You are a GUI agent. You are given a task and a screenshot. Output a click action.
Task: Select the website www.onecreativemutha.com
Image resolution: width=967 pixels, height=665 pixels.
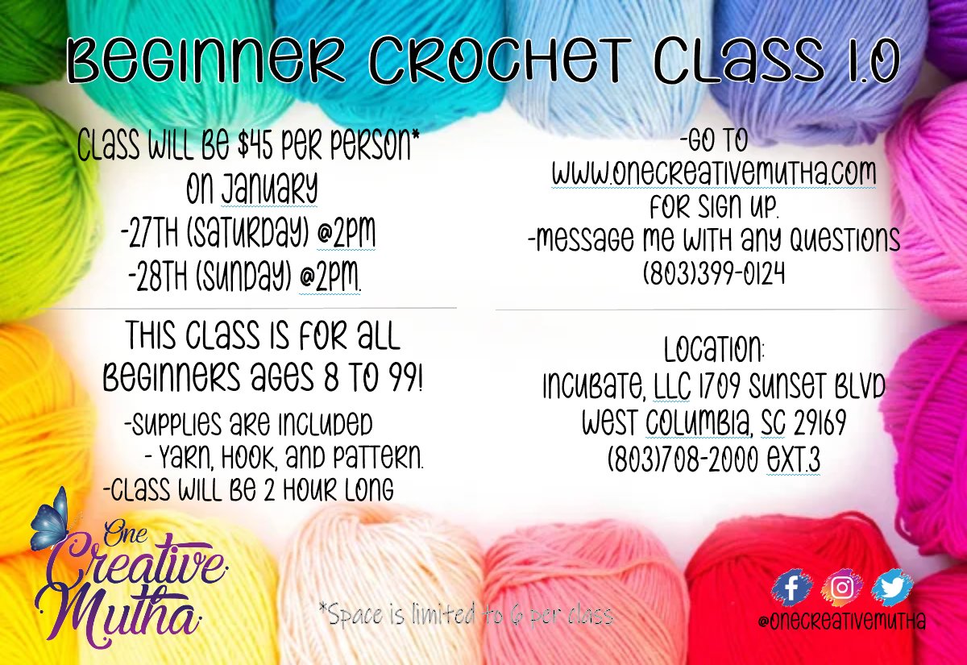tap(713, 173)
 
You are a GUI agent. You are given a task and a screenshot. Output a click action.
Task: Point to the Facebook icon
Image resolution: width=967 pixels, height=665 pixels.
tap(794, 588)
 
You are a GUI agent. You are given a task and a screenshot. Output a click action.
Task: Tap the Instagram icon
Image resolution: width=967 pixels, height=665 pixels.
tap(842, 588)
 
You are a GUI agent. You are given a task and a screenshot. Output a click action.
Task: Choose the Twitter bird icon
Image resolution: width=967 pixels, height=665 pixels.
tap(892, 588)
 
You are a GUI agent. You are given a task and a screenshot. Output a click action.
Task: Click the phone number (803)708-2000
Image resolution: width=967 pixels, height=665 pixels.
tap(682, 462)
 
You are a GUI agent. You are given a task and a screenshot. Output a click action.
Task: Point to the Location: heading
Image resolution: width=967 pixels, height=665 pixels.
tap(714, 351)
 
